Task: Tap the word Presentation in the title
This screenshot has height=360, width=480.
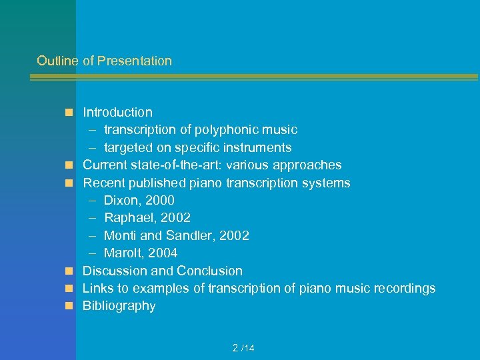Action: click(x=134, y=61)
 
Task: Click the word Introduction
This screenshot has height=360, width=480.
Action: click(x=117, y=113)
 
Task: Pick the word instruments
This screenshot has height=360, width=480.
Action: click(x=259, y=147)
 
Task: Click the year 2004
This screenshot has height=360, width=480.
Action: click(x=163, y=253)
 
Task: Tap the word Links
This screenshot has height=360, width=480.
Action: click(x=97, y=289)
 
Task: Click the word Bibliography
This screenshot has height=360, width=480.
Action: click(x=119, y=306)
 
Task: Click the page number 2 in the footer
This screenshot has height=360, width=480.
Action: click(x=235, y=348)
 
